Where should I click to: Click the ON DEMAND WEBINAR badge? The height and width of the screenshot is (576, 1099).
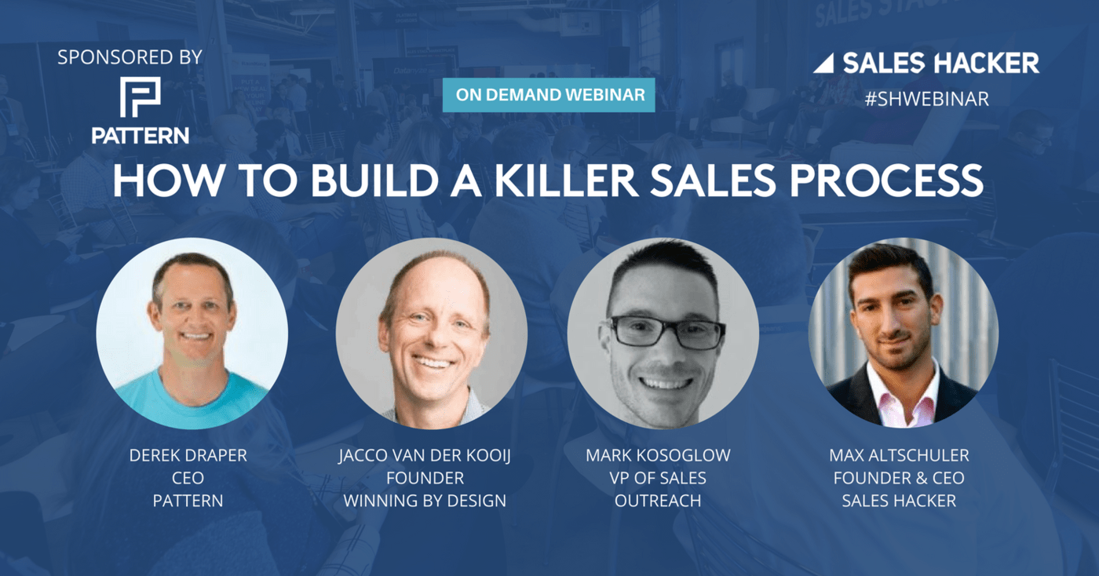point(549,95)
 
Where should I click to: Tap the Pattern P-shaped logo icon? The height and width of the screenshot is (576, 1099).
point(141,97)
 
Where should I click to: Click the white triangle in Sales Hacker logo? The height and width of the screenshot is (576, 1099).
point(823,64)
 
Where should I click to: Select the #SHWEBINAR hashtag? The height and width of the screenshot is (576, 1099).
point(926,100)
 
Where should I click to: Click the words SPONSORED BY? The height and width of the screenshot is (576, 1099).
point(130,57)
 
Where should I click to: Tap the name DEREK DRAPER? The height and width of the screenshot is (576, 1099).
point(188,455)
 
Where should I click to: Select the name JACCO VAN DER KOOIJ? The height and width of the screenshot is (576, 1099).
point(425,456)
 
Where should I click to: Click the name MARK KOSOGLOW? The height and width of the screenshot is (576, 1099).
point(658,455)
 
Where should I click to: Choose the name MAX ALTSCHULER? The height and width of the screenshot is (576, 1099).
point(899,455)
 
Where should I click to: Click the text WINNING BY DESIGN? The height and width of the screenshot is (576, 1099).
point(425,501)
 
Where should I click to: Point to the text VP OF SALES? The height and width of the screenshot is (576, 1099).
point(658,478)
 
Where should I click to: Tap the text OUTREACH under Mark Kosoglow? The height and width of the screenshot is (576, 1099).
point(658,501)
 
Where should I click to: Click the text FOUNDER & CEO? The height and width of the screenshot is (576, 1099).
point(899,478)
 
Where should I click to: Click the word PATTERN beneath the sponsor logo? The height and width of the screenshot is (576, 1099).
point(141,136)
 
